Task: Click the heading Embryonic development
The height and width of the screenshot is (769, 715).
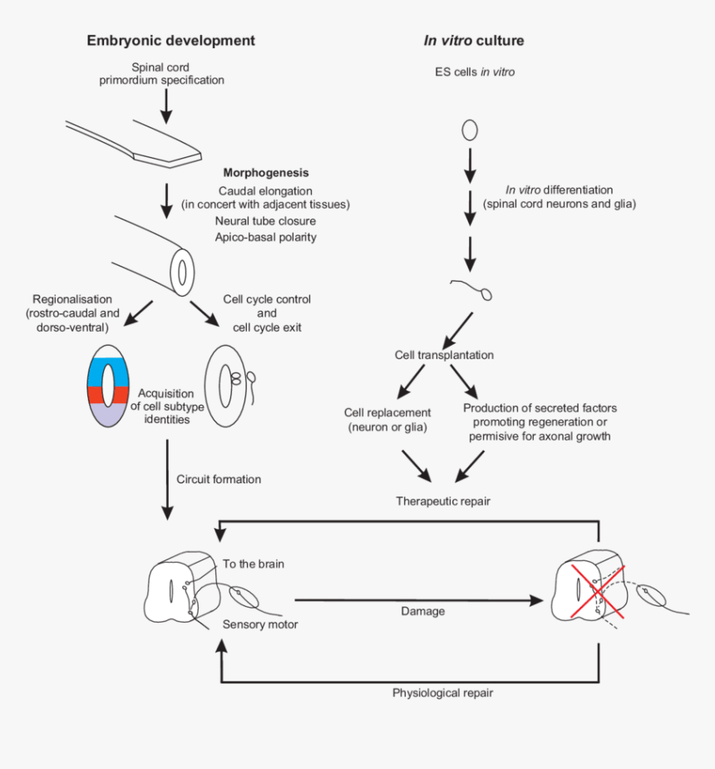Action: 170,41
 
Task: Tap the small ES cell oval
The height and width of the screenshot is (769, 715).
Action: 470,130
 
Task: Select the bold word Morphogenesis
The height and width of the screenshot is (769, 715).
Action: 266,173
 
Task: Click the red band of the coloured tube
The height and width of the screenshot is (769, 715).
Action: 109,394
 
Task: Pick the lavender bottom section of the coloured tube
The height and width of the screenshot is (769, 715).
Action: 109,414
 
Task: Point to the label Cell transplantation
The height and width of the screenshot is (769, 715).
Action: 444,355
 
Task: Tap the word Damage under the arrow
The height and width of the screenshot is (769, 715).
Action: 422,611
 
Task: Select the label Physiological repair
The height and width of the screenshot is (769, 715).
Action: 442,693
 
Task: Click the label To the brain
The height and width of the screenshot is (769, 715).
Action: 253,564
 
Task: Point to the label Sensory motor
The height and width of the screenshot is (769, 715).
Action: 259,624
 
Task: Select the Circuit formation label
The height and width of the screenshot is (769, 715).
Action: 219,479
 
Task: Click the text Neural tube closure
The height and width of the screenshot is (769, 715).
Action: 265,221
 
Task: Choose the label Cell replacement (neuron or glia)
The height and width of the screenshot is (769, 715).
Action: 387,420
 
